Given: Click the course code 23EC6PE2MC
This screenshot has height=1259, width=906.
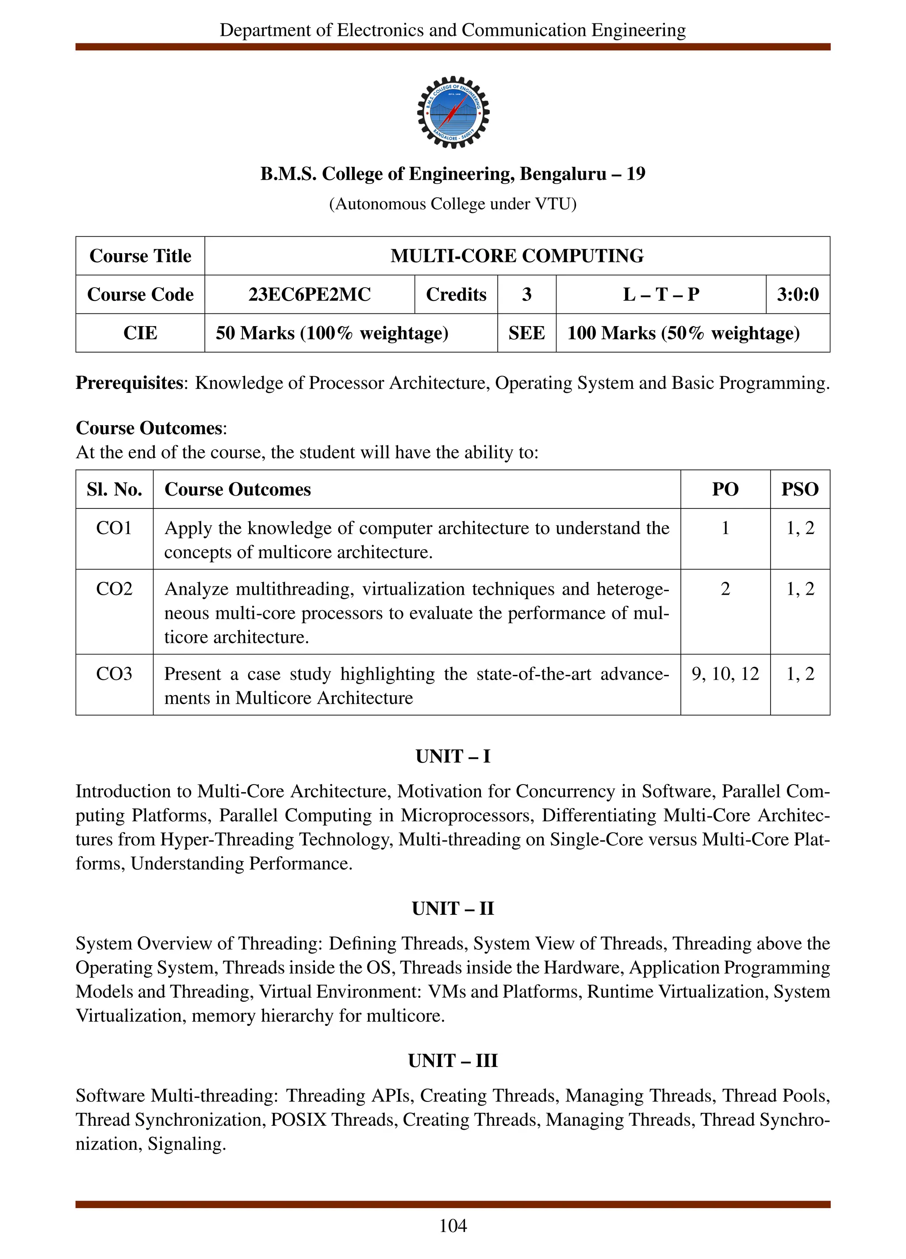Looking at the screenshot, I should [309, 294].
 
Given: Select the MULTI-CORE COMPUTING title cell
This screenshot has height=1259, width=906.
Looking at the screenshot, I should [517, 256].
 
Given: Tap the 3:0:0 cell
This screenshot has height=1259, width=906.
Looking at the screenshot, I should [797, 294].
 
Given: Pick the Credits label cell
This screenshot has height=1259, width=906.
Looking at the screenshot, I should [456, 294].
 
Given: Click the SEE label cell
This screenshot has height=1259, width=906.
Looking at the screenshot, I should [526, 333].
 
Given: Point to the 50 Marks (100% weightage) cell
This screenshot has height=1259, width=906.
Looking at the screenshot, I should [332, 333].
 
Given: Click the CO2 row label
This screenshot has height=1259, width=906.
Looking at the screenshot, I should [114, 589].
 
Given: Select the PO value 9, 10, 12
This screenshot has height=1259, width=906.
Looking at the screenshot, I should [725, 674].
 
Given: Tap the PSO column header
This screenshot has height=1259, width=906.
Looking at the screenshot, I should [799, 489].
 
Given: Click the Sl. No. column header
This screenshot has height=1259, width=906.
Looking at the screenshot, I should [114, 489].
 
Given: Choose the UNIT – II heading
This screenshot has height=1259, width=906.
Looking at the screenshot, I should [452, 909].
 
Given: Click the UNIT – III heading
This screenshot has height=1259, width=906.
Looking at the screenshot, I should [452, 1061].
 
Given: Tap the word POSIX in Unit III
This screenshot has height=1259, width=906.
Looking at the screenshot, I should [298, 1120].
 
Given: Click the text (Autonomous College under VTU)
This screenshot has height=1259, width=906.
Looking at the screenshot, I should [453, 204].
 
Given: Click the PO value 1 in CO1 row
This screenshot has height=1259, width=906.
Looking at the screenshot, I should [725, 528].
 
